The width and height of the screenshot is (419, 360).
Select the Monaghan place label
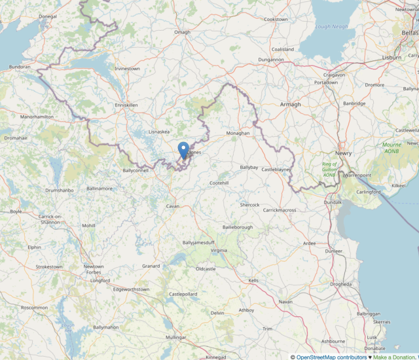[238, 133]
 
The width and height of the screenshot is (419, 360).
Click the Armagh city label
[290, 104]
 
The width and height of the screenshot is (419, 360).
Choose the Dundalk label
[333, 202]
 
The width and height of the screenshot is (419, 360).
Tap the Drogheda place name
[340, 284]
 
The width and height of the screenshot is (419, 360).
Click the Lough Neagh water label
[331, 27]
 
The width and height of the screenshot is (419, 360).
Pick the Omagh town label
[182, 32]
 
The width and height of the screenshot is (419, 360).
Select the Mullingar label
[175, 337]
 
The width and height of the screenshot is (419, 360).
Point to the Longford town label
[100, 280]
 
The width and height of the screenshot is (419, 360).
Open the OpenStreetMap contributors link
[331, 357]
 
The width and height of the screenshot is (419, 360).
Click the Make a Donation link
[395, 357]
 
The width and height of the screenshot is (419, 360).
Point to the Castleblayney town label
[276, 170]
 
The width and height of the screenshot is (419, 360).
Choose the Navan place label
[285, 302]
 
